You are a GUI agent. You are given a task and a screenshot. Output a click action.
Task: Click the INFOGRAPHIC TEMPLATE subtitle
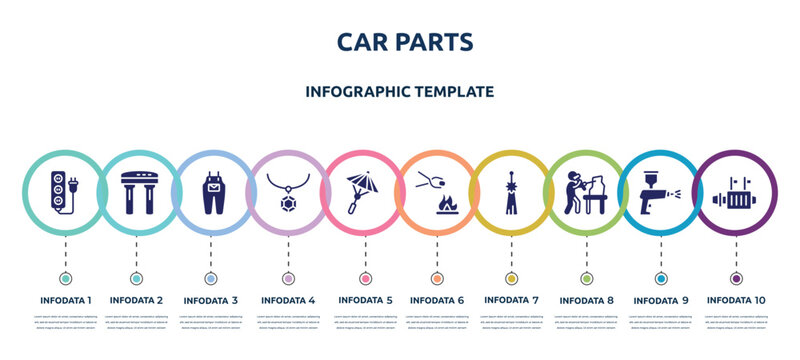click(399, 91)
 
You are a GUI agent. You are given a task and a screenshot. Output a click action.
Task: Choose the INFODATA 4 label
click(288, 300)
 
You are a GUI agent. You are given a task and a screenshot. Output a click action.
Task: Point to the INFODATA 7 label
click(511, 300)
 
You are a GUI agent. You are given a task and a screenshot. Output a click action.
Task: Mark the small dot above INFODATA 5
click(363, 277)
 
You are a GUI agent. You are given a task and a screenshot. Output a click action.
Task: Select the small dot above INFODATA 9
click(660, 277)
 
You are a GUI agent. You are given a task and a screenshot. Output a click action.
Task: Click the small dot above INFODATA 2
click(138, 277)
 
